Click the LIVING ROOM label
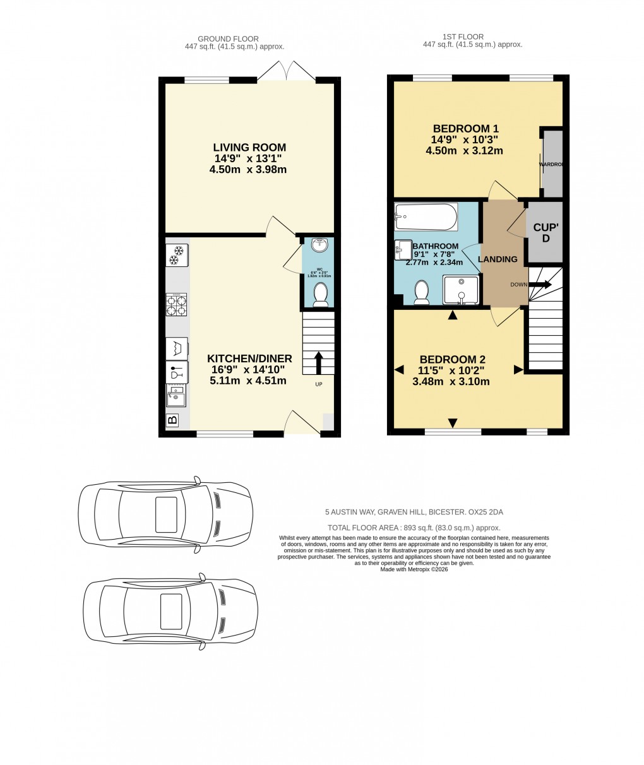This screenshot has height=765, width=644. coord(249,147)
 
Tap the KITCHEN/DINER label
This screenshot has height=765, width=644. coord(249,359)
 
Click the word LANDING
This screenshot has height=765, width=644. coord(498,259)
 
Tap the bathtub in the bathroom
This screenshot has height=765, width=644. coord(426,216)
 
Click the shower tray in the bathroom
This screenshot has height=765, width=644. coord(461,289)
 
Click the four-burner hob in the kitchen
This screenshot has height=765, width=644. coord(177,305)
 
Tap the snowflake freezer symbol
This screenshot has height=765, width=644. coord(177,256)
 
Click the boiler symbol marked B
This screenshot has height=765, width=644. coord(172,420)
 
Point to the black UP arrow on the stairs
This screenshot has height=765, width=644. coord(318,363)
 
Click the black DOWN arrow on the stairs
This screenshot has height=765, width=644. coord(540,285)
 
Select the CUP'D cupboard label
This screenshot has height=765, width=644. coord(546,233)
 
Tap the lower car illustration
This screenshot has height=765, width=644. coord(170,611)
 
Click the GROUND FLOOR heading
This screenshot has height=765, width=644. coord(228,39)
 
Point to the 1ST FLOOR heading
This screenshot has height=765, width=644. coord(472,37)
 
